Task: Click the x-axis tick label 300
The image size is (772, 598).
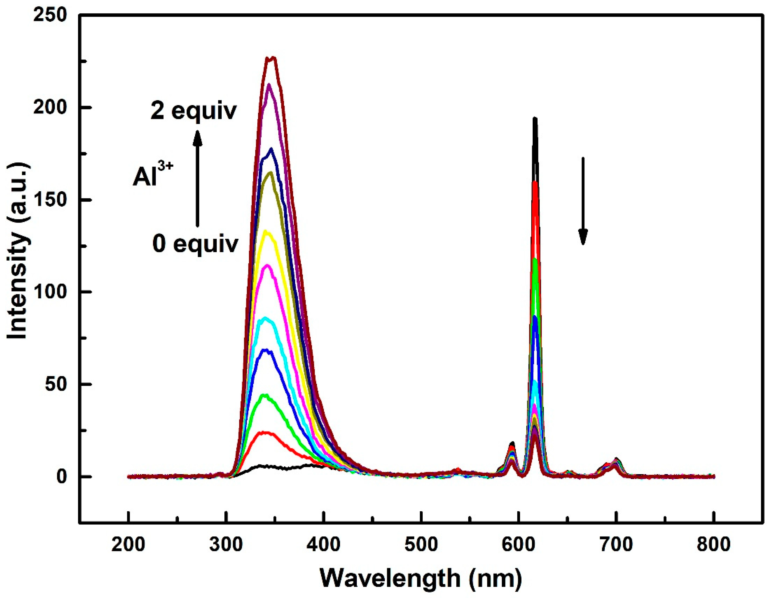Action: click(x=225, y=545)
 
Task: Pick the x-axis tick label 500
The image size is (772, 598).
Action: click(x=421, y=545)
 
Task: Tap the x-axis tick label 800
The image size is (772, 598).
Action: click(x=714, y=545)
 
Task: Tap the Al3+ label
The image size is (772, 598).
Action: click(x=153, y=176)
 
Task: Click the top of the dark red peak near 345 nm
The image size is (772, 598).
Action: click(x=271, y=58)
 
